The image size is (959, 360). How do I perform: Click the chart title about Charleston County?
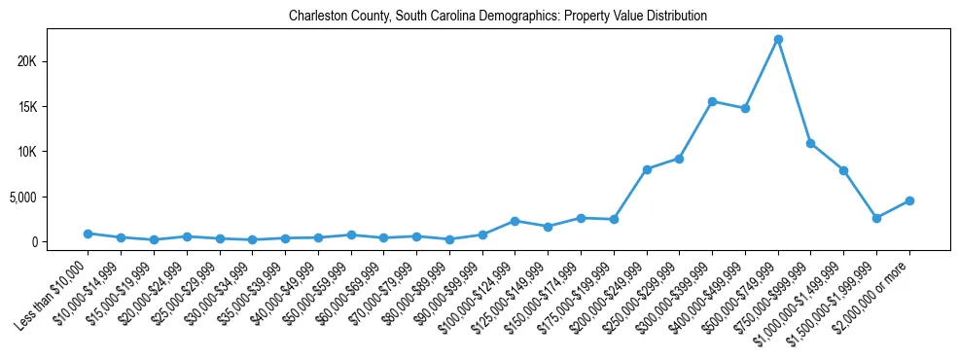tap(498, 17)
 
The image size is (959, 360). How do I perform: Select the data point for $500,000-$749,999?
tap(778, 40)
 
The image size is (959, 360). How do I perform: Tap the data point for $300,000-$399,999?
tap(712, 101)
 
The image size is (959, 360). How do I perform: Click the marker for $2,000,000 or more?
tap(909, 200)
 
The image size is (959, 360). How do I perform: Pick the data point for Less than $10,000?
tap(88, 234)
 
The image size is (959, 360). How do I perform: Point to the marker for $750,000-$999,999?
tap(810, 143)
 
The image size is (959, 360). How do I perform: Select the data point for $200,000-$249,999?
tap(647, 169)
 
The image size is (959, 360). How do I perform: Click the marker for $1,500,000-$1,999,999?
tap(876, 218)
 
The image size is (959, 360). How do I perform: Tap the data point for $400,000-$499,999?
tap(745, 108)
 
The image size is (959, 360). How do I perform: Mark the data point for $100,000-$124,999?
tap(515, 221)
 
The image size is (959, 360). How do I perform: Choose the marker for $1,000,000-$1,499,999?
tap(843, 170)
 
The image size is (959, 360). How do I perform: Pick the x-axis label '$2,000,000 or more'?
tap(873, 289)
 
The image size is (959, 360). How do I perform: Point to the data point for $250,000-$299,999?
tap(679, 159)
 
